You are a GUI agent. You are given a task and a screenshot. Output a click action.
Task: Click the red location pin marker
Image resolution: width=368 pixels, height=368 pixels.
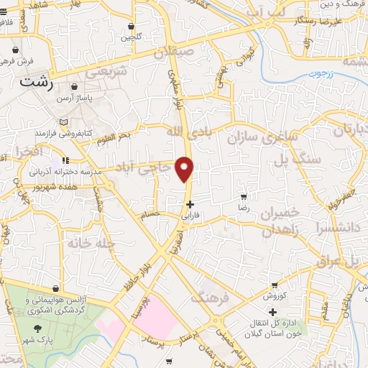pyautogui.click(x=186, y=168)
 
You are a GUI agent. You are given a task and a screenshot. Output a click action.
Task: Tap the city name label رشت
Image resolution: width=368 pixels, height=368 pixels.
pyautogui.click(x=37, y=81)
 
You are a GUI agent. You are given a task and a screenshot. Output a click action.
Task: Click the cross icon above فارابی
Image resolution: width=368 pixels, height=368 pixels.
pyautogui.click(x=189, y=204)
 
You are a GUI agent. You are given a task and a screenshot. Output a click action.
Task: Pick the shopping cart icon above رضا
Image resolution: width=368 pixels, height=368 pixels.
pyautogui.click(x=244, y=195)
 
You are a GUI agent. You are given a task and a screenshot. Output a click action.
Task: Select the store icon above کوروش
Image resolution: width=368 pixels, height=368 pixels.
pyautogui.click(x=274, y=285)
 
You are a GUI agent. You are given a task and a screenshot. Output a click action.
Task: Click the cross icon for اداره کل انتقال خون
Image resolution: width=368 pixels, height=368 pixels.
pyautogui.click(x=272, y=312)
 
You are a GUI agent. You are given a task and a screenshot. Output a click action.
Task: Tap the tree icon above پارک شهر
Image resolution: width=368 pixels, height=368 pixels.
pyautogui.click(x=34, y=327)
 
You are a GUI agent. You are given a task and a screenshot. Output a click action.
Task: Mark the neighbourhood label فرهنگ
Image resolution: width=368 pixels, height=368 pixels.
pyautogui.click(x=208, y=298)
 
